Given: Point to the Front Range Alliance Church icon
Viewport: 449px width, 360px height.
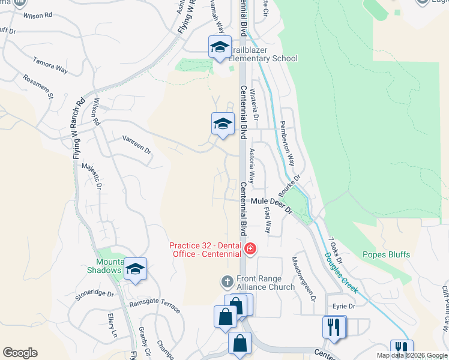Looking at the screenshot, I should tap(228, 280).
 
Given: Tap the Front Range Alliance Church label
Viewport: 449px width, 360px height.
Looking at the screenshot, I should tap(265, 283).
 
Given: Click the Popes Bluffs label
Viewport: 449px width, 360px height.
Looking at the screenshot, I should tap(387, 254).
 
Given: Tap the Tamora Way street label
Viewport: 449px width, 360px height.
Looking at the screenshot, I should tap(50, 65).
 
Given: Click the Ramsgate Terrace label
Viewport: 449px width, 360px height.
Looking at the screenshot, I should tap(155, 306).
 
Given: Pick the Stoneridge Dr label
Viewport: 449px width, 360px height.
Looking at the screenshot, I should tap(94, 294).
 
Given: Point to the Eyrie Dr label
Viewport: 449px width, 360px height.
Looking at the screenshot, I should tap(344, 306).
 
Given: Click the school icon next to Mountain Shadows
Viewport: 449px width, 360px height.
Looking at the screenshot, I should tap(136, 269).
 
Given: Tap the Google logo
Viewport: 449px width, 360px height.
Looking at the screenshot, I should tap(20, 353).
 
